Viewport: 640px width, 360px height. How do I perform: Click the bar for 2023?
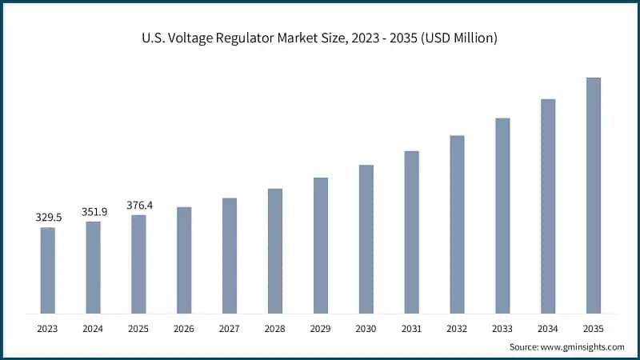click(48, 270)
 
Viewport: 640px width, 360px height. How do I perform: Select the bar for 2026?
click(184, 260)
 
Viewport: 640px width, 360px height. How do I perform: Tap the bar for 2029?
click(320, 245)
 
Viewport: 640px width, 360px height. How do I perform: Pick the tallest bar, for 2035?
click(593, 195)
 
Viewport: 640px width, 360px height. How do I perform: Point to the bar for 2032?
click(457, 224)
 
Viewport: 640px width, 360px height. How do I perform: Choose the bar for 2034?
click(548, 206)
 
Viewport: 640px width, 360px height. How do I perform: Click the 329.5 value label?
click(48, 217)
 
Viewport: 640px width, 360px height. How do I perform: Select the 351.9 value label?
click(94, 211)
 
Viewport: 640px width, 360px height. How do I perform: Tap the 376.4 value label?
click(139, 205)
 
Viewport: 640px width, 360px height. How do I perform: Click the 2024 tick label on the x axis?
click(94, 328)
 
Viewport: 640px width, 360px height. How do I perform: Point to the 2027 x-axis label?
click(230, 328)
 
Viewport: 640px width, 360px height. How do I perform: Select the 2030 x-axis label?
click(366, 328)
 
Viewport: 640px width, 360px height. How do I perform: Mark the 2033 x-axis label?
click(502, 328)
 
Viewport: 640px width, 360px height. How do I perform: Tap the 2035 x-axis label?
click(593, 328)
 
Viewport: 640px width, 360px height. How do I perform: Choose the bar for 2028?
click(275, 250)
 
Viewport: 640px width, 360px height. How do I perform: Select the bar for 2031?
click(411, 232)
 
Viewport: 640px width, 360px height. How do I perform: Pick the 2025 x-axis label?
click(139, 328)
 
